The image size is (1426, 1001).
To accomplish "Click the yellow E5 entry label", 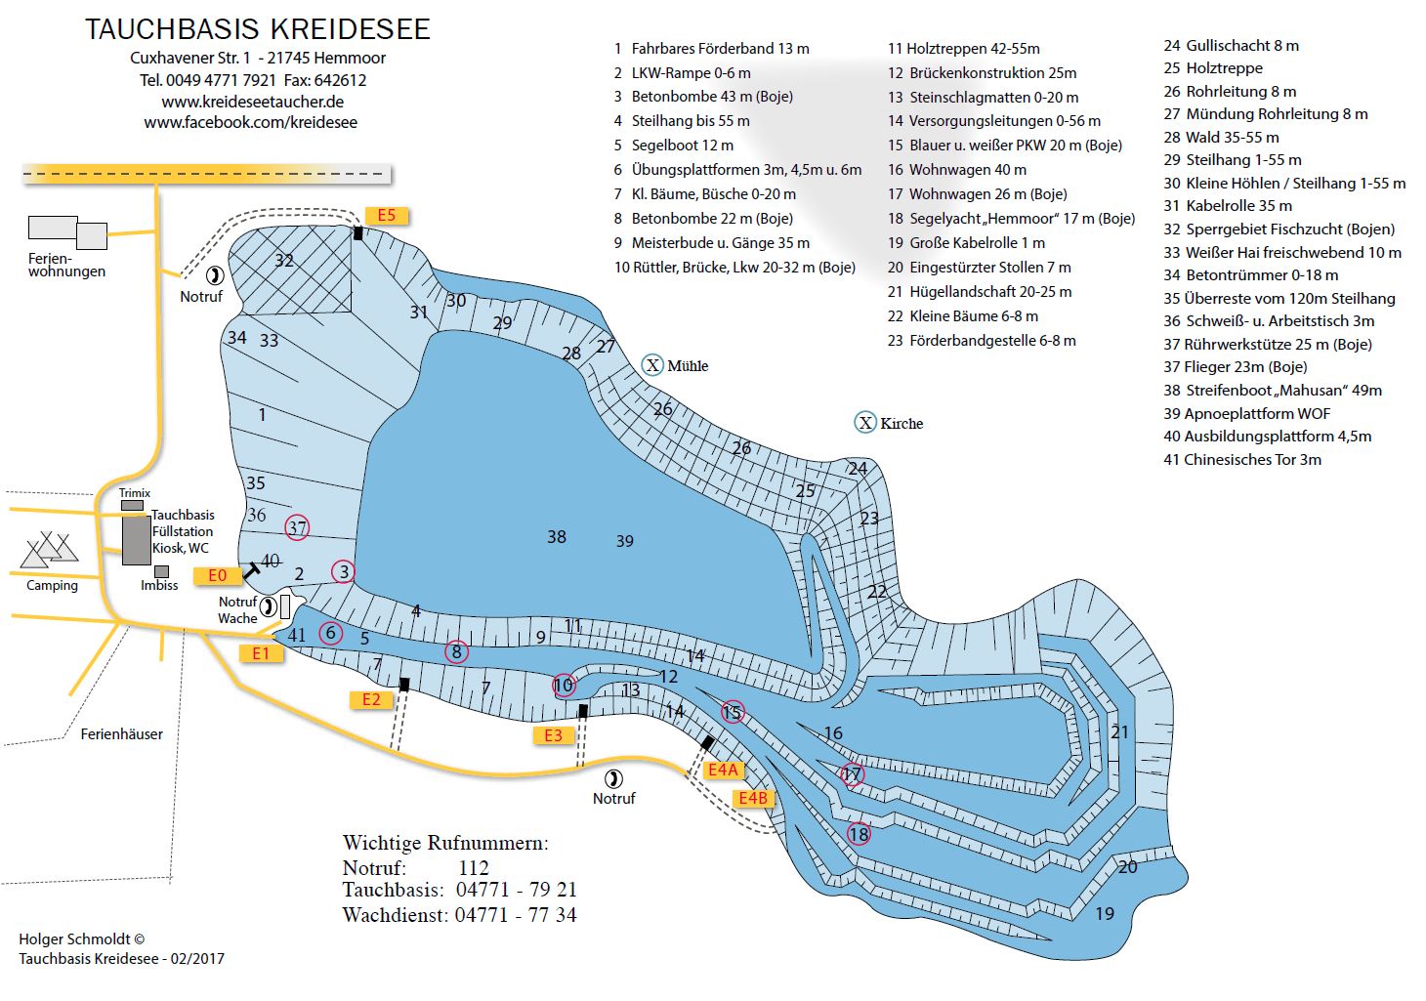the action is [x=387, y=216].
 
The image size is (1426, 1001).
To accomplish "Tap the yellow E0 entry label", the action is [x=218, y=576].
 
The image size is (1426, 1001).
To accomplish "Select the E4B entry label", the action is [x=753, y=798].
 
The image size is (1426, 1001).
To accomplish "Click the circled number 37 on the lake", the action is [x=297, y=528].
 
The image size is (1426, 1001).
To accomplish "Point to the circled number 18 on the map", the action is [x=859, y=834].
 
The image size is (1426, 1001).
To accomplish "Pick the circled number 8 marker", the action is [x=456, y=652].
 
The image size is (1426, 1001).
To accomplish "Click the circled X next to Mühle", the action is [x=652, y=365].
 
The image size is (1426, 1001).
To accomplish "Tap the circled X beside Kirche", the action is [x=865, y=423].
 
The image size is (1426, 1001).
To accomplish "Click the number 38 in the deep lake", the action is [x=557, y=537].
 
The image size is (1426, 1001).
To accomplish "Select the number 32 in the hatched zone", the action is [x=284, y=261].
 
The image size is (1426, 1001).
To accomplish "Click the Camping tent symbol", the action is [x=49, y=550].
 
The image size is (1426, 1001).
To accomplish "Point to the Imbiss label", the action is [x=159, y=585].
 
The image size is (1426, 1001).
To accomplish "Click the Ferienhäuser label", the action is [x=121, y=734].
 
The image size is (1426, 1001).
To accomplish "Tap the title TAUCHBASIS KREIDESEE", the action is [x=258, y=29].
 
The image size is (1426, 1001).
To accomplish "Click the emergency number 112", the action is [x=474, y=868].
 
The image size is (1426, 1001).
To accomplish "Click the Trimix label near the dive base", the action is [x=135, y=493].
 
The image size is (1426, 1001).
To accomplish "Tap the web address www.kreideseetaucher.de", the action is [x=253, y=102].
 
